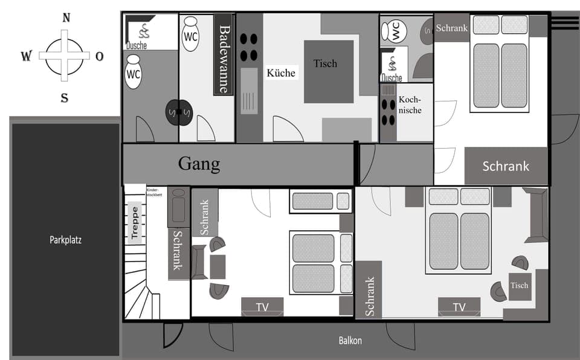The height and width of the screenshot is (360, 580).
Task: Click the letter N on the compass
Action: tap(65, 18)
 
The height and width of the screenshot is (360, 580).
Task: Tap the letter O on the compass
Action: tap(99, 56)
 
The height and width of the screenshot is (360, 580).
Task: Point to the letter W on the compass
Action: tap(27, 56)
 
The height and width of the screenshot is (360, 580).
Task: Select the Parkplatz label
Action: tap(65, 240)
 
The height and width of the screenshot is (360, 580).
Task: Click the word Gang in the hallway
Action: tap(199, 164)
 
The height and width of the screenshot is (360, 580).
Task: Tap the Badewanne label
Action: tap(224, 59)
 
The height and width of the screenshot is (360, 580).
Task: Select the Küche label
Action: tap(281, 72)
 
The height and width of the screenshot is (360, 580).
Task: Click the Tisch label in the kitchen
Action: tap(325, 63)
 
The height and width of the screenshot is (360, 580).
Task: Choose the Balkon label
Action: tap(350, 341)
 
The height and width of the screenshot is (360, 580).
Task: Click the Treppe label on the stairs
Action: tap(135, 223)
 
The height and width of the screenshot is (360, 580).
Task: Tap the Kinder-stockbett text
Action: tap(155, 193)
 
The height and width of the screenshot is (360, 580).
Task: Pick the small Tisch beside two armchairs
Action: tap(519, 286)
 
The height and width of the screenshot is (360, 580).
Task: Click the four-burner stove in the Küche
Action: tap(248, 47)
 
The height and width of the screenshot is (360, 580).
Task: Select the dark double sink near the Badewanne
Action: tap(178, 112)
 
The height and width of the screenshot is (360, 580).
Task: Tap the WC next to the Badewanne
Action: tap(190, 36)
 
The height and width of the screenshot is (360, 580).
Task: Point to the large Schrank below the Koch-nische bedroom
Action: tap(506, 166)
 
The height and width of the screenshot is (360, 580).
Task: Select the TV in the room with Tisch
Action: tap(459, 307)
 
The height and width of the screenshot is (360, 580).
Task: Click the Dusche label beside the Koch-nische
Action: tap(391, 78)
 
